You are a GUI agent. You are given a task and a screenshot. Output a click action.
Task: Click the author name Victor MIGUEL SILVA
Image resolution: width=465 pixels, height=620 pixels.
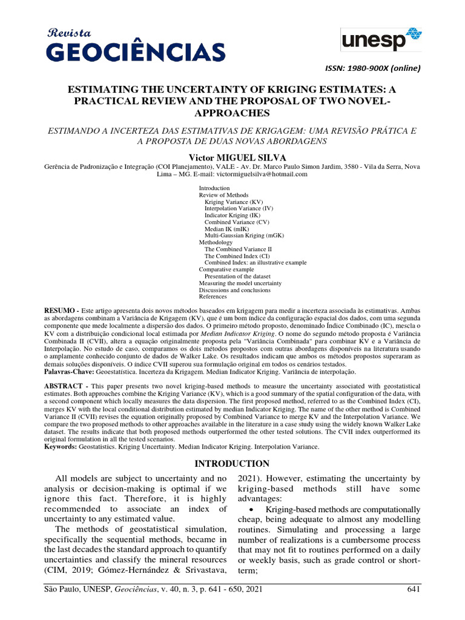pyautogui.click(x=232, y=156)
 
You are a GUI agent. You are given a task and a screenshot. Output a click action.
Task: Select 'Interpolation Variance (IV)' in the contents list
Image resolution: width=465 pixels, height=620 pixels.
pyautogui.click(x=239, y=208)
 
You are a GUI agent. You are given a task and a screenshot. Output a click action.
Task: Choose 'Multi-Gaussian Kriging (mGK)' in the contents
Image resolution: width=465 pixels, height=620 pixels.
pyautogui.click(x=244, y=236)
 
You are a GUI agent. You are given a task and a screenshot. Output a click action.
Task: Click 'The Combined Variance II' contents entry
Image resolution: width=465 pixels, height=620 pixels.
pyautogui.click(x=238, y=249)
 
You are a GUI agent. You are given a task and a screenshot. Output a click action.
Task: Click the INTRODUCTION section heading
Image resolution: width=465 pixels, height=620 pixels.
pyautogui.click(x=232, y=464)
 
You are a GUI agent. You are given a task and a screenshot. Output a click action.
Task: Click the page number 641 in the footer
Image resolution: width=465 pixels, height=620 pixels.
pyautogui.click(x=409, y=590)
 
